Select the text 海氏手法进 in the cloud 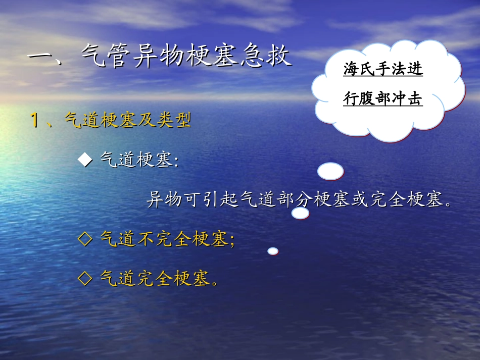(383, 70)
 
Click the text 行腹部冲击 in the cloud (383, 98)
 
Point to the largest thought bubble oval (330, 172)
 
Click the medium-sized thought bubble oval (301, 214)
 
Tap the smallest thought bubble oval (273, 251)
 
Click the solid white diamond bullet (85, 160)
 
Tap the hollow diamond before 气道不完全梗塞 (85, 239)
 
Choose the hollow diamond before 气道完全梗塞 (85, 277)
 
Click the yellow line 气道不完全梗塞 (164, 239)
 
